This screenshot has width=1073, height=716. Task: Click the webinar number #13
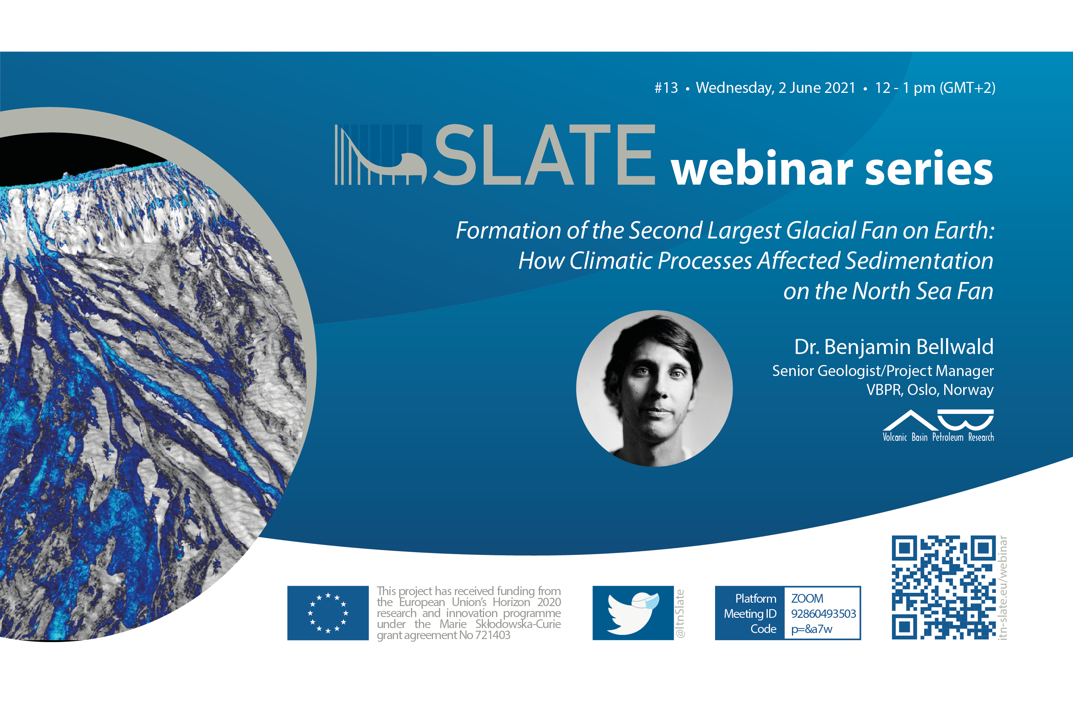click(x=666, y=88)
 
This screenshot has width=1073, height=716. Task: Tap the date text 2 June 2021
click(x=817, y=88)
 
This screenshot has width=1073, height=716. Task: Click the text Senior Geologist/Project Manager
click(x=883, y=371)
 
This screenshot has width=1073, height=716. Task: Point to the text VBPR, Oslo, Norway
click(x=930, y=390)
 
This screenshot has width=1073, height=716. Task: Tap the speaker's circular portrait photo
click(x=654, y=389)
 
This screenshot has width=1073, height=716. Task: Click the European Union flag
click(x=328, y=613)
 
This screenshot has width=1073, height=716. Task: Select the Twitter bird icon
click(x=633, y=613)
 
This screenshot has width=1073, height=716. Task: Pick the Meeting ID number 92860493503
click(x=823, y=614)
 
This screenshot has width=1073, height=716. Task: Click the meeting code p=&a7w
click(x=812, y=629)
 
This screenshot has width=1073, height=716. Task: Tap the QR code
click(x=943, y=587)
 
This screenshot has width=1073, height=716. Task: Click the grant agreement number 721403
click(x=492, y=635)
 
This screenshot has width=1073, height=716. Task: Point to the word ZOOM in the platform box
click(x=807, y=598)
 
